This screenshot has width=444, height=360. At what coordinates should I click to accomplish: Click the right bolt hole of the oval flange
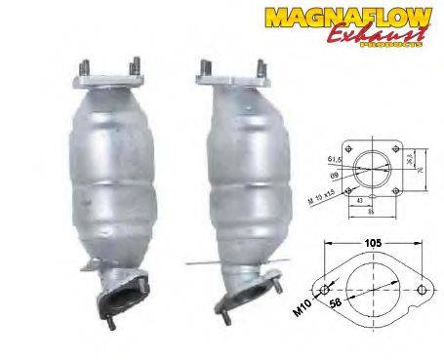(421, 290)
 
